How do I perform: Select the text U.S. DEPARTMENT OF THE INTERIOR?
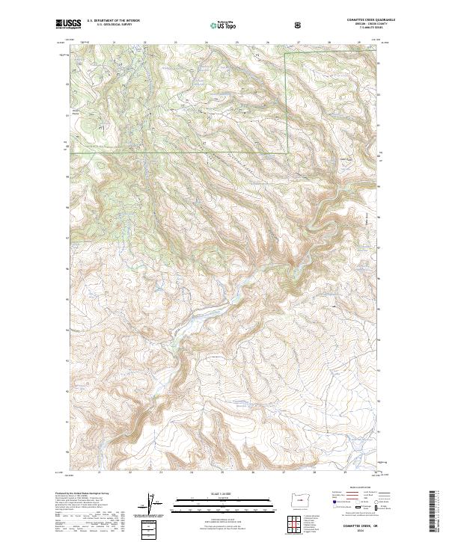[113, 21]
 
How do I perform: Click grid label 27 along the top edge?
[299, 42]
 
